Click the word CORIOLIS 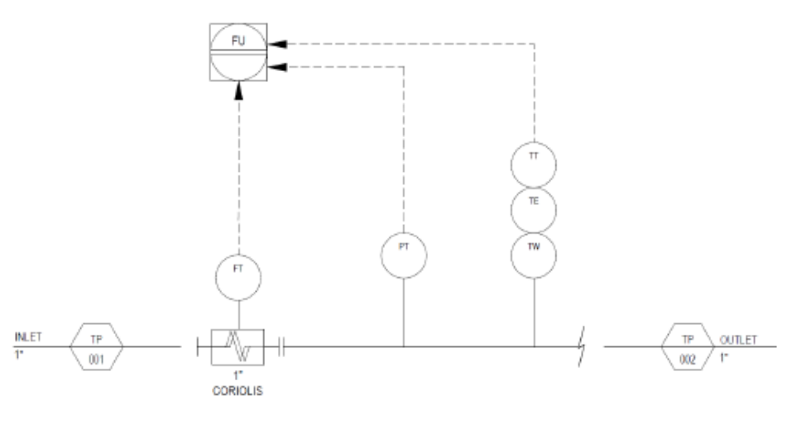(238, 391)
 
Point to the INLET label (28, 336)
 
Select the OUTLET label (738, 340)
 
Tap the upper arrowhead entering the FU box (277, 44)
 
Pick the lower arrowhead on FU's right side (277, 67)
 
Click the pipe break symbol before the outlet (581, 346)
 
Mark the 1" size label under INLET (19, 355)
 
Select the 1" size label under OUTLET (724, 358)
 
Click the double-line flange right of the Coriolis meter (281, 346)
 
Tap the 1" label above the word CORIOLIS (238, 375)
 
